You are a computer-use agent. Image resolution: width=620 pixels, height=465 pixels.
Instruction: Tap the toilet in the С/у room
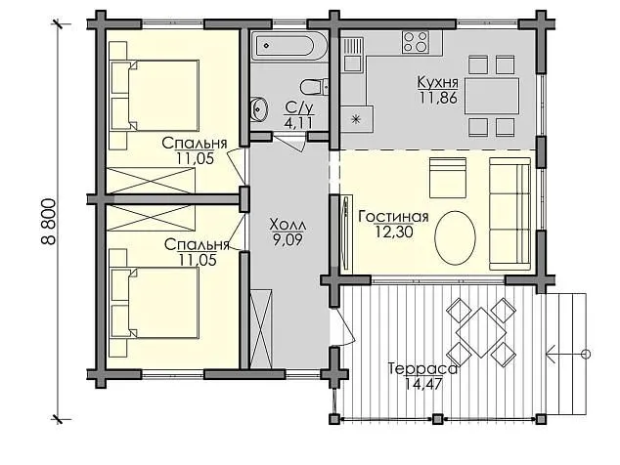coord(314,87)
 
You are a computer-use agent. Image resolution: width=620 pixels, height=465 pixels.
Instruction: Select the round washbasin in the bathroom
coord(259,107)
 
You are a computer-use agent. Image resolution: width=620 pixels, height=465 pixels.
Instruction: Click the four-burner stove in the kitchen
coord(416,42)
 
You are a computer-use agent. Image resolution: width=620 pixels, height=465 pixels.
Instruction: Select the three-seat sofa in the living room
coord(510,214)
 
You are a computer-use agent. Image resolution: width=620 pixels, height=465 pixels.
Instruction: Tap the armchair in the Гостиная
coord(448,178)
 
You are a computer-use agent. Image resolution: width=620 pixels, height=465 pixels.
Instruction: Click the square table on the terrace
coord(481,333)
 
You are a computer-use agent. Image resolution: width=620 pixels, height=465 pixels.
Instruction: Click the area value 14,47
coord(423,384)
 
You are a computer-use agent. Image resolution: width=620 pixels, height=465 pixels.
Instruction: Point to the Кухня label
coord(438,83)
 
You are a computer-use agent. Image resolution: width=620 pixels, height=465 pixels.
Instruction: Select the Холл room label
coord(288,225)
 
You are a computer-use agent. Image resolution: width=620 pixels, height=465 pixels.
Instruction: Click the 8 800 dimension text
coord(49,221)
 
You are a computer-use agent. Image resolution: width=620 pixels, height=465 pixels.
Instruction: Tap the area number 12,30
coord(394,232)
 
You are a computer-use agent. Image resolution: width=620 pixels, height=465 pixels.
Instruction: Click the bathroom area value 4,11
coord(298,122)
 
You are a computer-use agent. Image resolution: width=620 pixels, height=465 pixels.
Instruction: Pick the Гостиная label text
coord(393,217)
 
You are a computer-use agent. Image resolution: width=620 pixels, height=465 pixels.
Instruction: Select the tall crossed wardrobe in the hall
coord(261,328)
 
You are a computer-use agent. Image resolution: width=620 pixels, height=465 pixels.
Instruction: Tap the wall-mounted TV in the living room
coord(346,233)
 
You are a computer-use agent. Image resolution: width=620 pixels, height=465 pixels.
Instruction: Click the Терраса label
coord(422,369)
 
